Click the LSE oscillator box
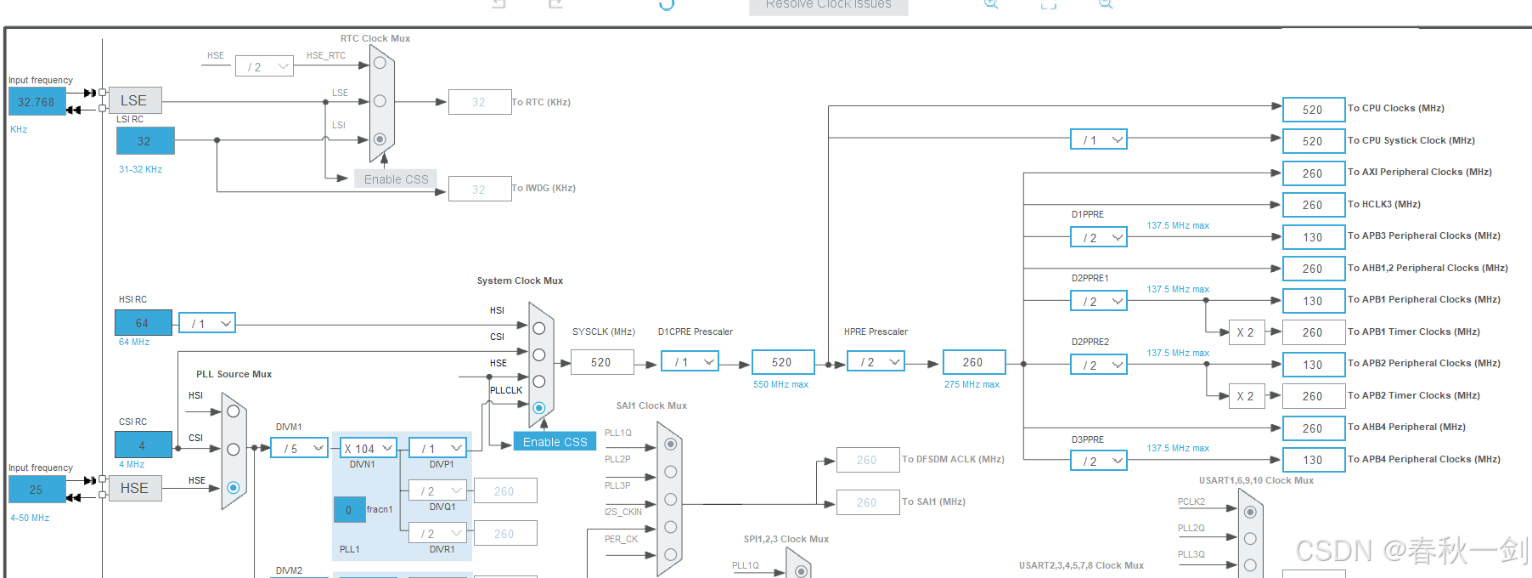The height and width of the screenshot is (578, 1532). (x=135, y=100)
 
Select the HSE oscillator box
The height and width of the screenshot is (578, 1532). (x=135, y=488)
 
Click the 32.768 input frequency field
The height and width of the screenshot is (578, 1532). (x=37, y=102)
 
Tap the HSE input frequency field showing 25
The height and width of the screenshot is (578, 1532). (x=37, y=490)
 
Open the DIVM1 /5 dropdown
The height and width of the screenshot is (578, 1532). (x=299, y=448)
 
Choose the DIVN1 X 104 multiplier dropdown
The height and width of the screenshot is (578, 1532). (x=369, y=448)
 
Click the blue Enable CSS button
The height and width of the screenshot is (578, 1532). (x=555, y=442)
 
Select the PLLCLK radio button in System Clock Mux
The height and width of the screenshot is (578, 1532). (x=538, y=408)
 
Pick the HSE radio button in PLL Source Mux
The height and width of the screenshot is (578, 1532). (x=234, y=488)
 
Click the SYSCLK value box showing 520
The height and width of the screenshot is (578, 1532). (x=601, y=362)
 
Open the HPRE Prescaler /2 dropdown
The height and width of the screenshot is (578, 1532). (x=876, y=362)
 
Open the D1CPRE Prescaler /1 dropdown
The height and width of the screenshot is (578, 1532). (x=690, y=362)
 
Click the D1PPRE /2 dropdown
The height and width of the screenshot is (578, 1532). (x=1099, y=238)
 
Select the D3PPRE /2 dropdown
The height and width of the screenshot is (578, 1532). (x=1099, y=461)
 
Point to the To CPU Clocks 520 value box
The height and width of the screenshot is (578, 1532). (x=1313, y=110)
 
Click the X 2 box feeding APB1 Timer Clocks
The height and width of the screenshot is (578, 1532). (x=1245, y=332)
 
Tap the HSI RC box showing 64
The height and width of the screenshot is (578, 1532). (x=143, y=323)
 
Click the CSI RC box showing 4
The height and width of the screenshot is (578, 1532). (x=143, y=445)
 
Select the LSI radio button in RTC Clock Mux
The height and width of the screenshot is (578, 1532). (x=380, y=139)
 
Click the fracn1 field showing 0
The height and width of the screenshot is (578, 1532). (x=349, y=510)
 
